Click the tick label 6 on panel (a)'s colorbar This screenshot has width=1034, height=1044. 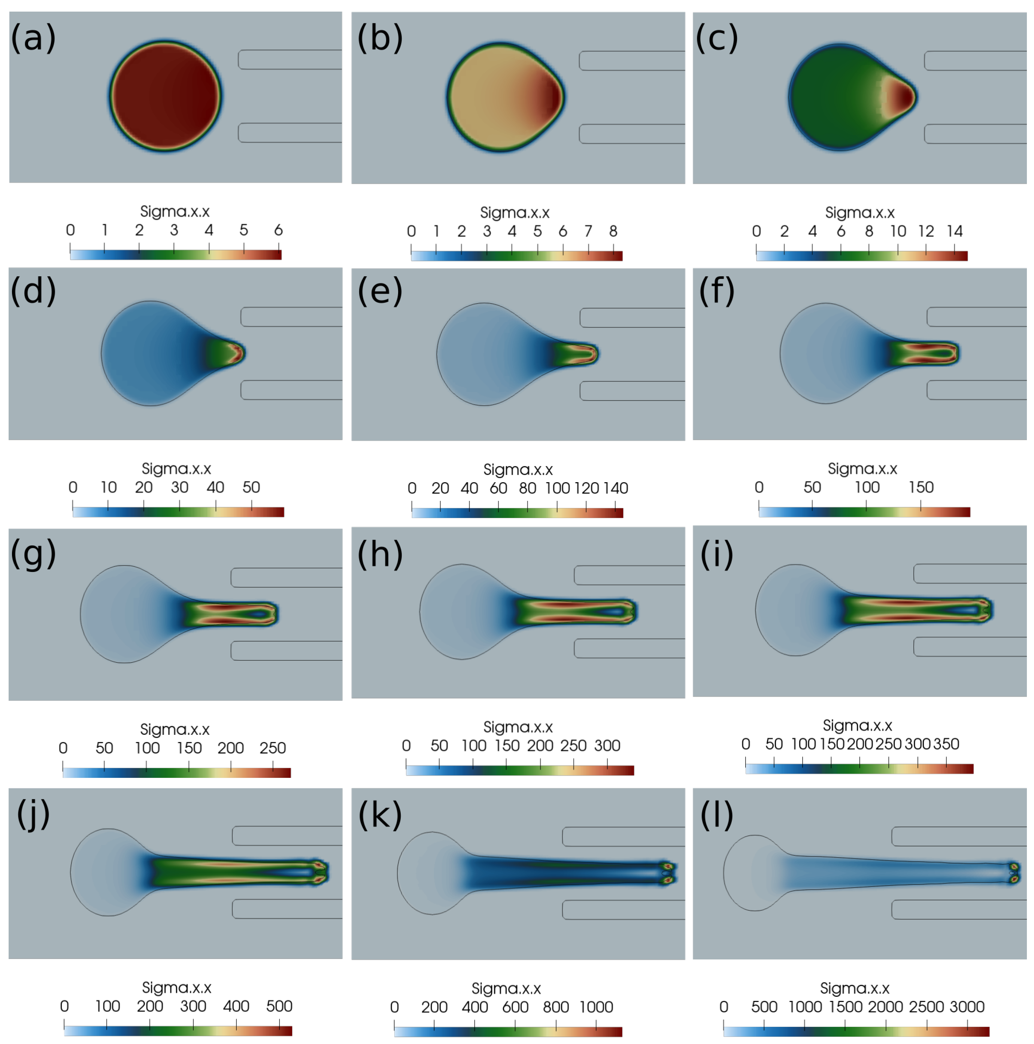[x=278, y=230]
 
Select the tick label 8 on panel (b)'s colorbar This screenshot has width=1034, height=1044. [x=613, y=231]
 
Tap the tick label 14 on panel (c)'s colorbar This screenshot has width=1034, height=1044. [x=955, y=231]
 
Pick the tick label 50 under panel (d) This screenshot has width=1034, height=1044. [x=251, y=487]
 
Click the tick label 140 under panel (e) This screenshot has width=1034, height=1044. [x=616, y=488]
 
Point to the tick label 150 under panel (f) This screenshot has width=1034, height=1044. [x=921, y=487]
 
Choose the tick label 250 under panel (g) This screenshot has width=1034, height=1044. [x=272, y=748]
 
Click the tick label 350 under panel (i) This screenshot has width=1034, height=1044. [x=946, y=744]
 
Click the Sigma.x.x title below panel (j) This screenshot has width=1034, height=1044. [x=176, y=988]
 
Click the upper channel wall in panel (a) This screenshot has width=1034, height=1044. [x=290, y=60]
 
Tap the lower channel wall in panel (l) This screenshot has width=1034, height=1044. [x=959, y=910]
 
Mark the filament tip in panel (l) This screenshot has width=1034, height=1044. [x=1014, y=873]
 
